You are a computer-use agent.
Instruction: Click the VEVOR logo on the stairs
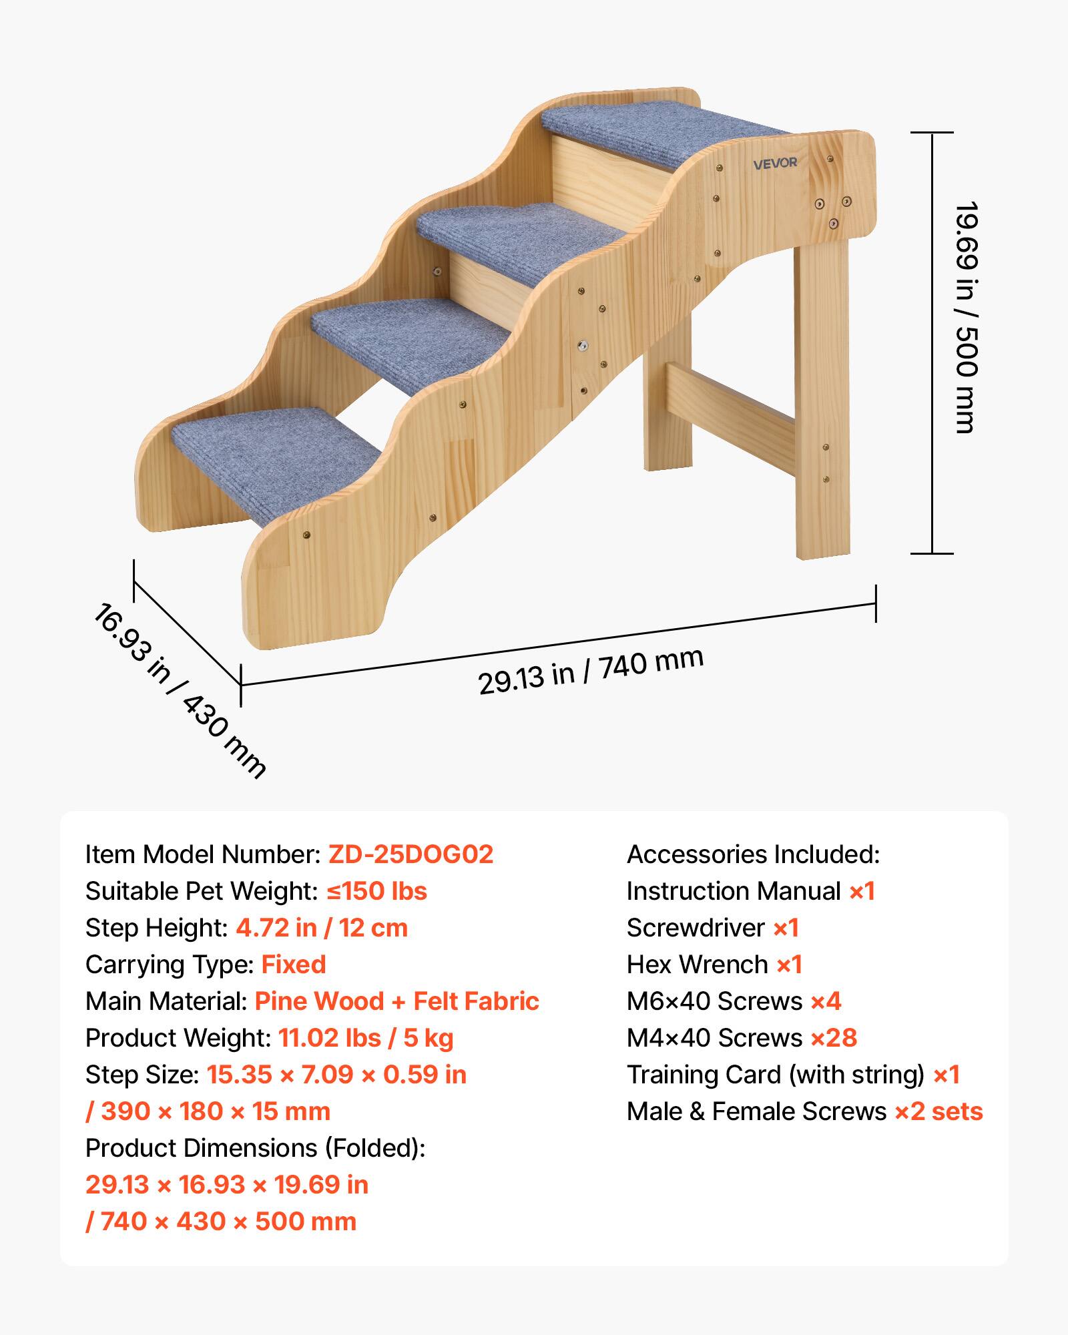coord(775,163)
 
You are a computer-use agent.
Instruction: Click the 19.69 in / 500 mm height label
coord(965,318)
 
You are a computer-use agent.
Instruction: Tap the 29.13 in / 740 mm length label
coord(591,671)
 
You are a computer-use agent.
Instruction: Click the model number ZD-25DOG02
coord(411,854)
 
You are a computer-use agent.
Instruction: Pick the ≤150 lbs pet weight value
coord(376,891)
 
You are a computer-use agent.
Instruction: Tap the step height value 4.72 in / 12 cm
coord(322,928)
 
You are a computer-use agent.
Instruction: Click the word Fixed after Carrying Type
coord(294,965)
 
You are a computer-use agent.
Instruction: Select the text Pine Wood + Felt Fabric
coord(396,1001)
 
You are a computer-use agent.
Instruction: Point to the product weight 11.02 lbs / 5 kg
coord(366,1038)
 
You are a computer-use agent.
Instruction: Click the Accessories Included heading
coord(753,854)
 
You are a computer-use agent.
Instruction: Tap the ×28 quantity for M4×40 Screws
coord(834,1038)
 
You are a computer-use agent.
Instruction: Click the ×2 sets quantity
coord(939,1111)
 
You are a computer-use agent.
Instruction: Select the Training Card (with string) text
coord(775,1075)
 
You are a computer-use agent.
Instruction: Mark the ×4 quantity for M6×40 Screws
coord(826,1001)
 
